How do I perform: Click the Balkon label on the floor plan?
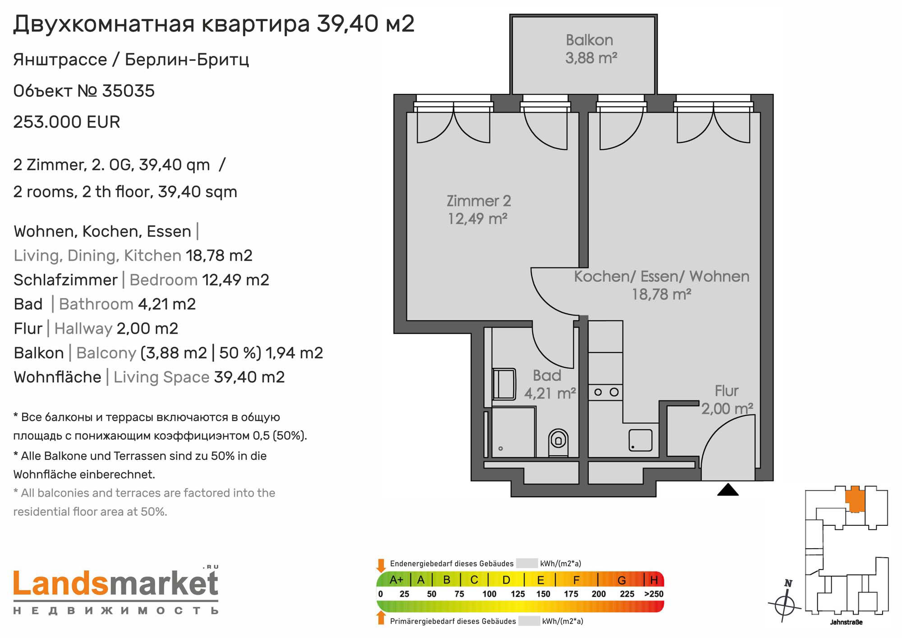point(589,40)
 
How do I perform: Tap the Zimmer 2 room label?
point(479,201)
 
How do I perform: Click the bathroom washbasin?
point(504,384)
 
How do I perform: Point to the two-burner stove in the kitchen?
point(606,392)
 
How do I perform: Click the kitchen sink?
point(641,440)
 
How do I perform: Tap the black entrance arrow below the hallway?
point(728,490)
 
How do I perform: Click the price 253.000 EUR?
point(67,122)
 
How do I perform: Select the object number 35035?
point(129,91)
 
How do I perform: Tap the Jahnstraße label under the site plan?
point(846,622)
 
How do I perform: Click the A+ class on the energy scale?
point(396,580)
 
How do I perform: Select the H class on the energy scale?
point(654,580)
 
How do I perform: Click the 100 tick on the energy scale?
point(489,594)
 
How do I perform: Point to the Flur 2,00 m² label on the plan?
point(727,400)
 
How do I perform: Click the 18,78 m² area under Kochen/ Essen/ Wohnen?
point(662,294)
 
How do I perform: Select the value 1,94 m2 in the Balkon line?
point(294,353)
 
